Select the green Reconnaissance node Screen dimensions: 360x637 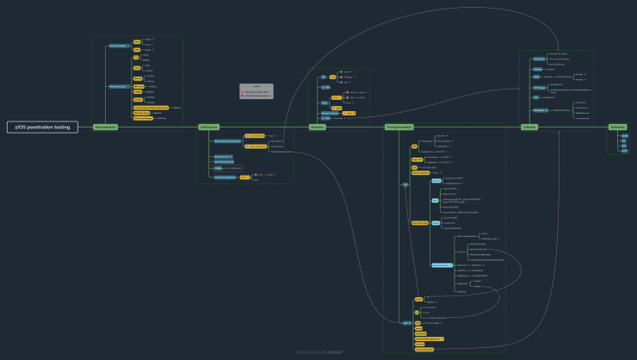[x=106, y=127]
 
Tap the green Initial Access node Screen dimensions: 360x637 [x=209, y=127]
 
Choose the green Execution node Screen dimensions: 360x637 [x=317, y=127]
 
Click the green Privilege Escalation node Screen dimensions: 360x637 [x=399, y=127]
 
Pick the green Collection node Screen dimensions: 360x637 [x=529, y=127]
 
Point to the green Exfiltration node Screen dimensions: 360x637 [x=617, y=127]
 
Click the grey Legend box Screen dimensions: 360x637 [x=256, y=90]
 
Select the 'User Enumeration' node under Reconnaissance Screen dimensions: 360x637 [x=118, y=45]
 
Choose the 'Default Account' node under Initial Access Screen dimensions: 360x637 [x=221, y=156]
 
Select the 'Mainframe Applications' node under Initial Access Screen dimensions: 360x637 [x=226, y=177]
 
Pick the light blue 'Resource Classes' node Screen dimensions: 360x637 [x=441, y=264]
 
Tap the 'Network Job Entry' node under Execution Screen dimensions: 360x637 [x=329, y=114]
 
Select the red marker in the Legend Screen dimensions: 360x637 [x=244, y=90]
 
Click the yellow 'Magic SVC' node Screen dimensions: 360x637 [x=417, y=159]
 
